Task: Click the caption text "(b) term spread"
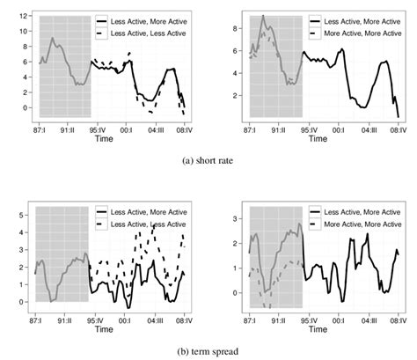pyautogui.click(x=208, y=349)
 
